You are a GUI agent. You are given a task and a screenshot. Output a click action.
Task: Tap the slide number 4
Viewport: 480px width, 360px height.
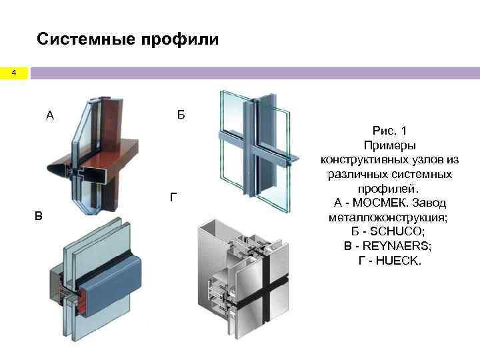coord(13,74)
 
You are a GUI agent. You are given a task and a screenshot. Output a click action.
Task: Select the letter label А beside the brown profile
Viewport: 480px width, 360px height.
coord(50,116)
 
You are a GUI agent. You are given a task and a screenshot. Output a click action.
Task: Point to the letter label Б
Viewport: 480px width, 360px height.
coord(181,115)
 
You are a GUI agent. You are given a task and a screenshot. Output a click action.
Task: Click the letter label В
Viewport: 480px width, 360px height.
coord(39,215)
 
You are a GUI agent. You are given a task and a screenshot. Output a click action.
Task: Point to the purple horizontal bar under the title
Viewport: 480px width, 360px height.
coord(253,73)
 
